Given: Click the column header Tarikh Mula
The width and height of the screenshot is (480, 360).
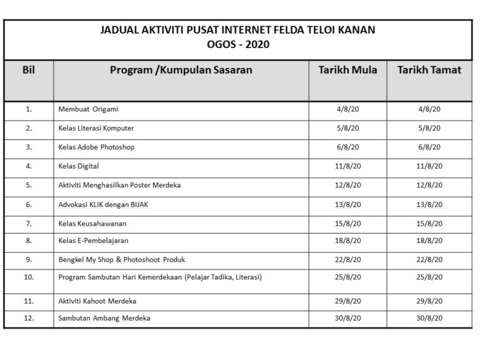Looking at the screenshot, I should point(347,70).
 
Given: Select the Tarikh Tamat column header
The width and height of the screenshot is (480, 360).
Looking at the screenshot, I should point(429,70).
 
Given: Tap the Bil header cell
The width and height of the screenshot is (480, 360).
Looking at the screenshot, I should point(28,70).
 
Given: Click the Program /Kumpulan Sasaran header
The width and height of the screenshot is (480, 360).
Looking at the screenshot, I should point(181,70).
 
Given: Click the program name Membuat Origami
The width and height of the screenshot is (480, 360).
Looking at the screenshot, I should point(88,109).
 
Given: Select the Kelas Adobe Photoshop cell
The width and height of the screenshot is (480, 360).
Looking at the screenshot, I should point(96,147).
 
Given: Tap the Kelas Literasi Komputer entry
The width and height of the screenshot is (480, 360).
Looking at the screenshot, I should point(96,128).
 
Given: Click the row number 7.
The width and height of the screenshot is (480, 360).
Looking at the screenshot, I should point(28,222).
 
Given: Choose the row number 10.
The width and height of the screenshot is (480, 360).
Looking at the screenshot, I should point(28,277).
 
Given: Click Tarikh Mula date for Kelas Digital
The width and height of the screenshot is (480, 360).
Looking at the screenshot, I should point(347,166).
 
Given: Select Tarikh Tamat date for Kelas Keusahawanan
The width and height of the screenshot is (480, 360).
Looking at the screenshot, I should point(429,222).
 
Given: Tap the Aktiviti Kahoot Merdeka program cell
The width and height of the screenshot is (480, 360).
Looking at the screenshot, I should point(97,301).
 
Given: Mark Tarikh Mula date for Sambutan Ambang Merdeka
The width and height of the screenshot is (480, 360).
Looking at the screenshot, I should point(347,318).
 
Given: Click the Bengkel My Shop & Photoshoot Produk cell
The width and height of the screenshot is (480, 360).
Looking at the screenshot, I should point(121,259).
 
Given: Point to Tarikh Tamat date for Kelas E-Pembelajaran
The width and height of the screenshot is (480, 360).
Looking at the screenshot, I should point(429,241).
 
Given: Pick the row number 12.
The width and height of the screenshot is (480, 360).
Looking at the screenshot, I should point(28,318).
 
